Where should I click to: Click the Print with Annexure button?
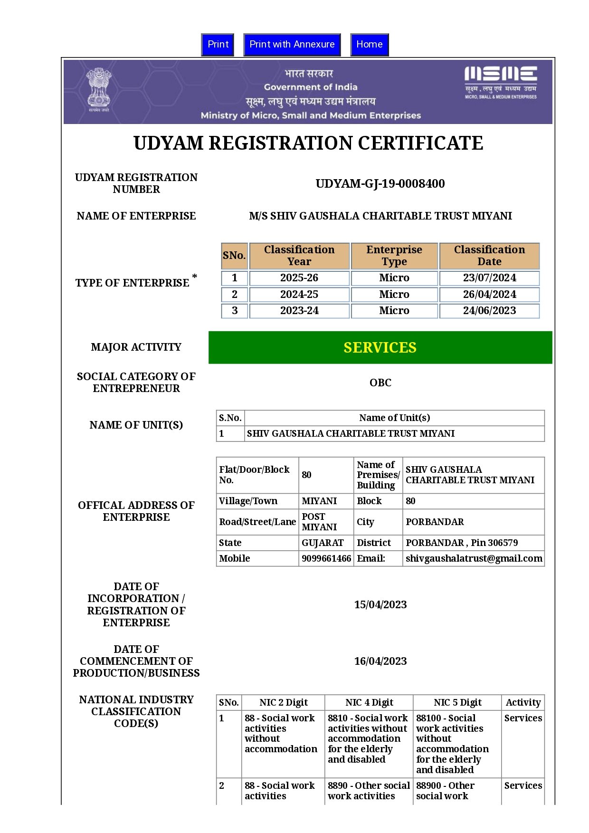292,45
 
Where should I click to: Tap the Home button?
369,45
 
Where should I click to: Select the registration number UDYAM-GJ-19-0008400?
380,184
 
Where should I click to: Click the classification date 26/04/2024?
489,295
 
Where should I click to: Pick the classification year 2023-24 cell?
299,311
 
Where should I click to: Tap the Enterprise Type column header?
394,256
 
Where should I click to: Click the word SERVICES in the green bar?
380,348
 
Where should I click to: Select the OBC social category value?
380,383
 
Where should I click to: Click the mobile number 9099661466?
326,558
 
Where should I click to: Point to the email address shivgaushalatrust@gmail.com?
474,558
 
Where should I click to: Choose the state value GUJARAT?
323,543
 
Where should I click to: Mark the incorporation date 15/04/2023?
380,604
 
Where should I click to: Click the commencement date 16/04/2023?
380,661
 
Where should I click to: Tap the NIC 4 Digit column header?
369,702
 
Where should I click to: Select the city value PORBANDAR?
435,522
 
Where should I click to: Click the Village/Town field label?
248,501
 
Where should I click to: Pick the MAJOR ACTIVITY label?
136,347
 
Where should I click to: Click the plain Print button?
218,45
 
